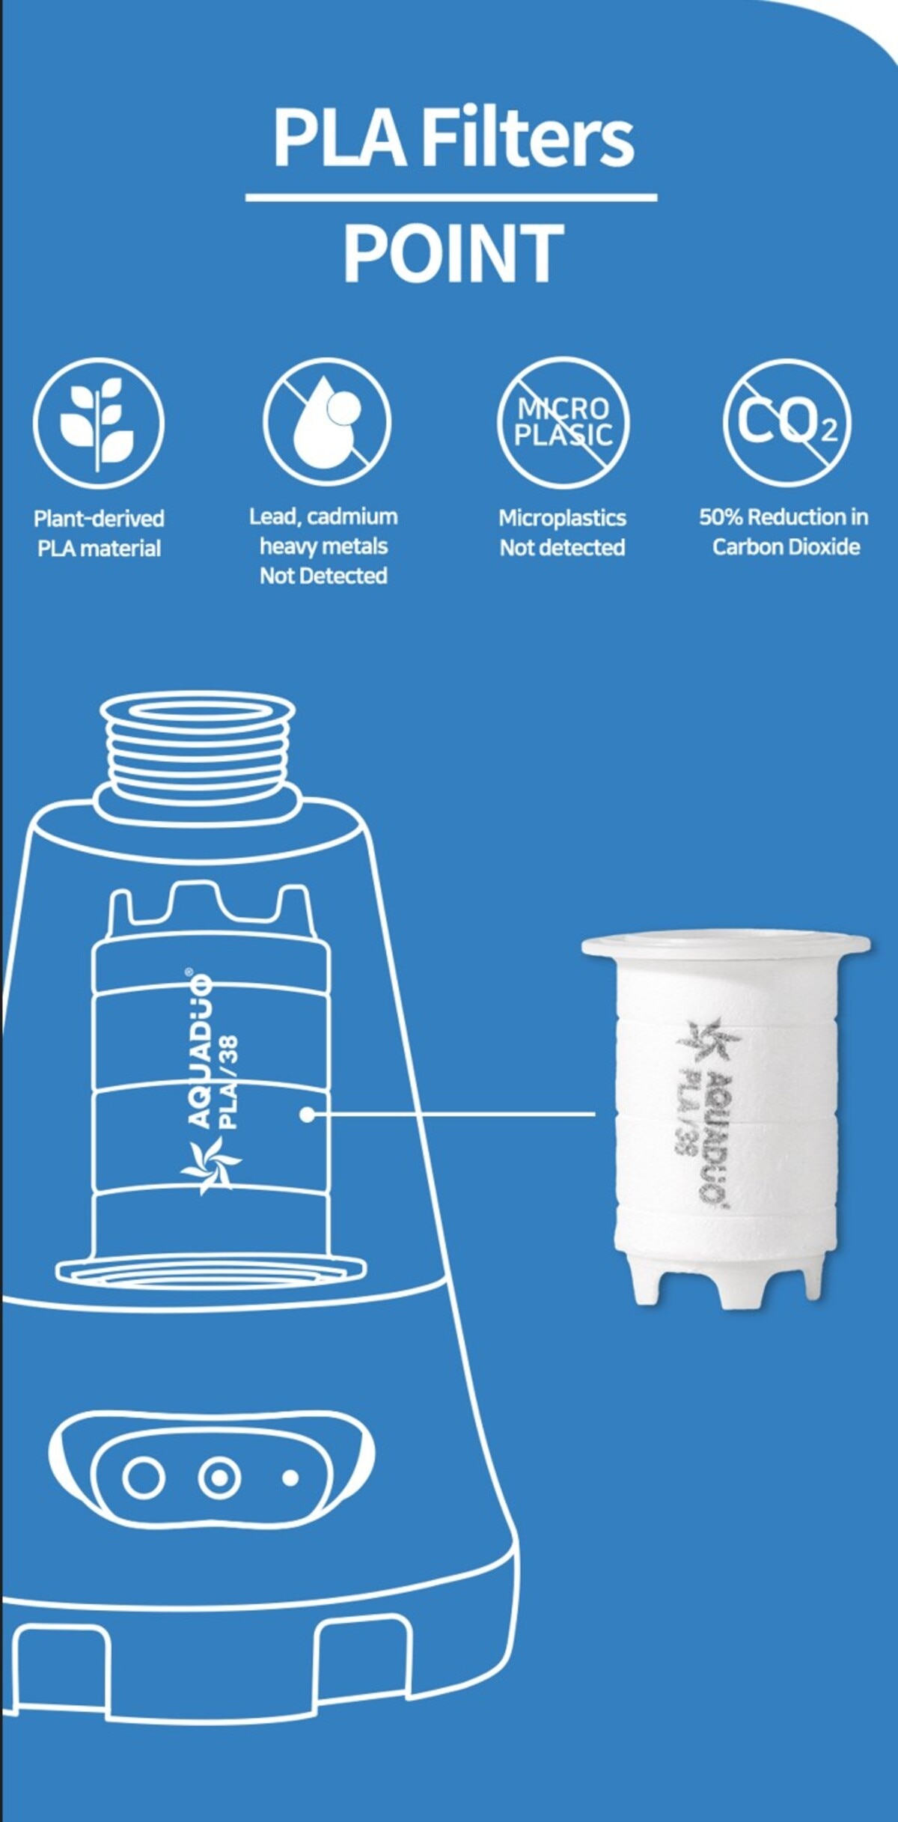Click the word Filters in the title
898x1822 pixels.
528,137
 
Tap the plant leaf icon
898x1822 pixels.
98,423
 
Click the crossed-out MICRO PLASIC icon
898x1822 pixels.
563,422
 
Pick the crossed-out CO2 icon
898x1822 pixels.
786,422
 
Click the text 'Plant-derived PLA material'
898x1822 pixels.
99,533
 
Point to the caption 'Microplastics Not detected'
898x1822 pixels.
563,532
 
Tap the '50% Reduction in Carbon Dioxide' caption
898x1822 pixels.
784,531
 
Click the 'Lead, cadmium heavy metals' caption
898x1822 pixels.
323,531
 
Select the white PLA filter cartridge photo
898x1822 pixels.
725,1118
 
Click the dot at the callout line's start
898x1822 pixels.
307,1115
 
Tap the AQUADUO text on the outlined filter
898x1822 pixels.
199,1047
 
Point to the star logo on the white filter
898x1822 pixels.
708,1041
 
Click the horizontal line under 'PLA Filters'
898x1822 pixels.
451,198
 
